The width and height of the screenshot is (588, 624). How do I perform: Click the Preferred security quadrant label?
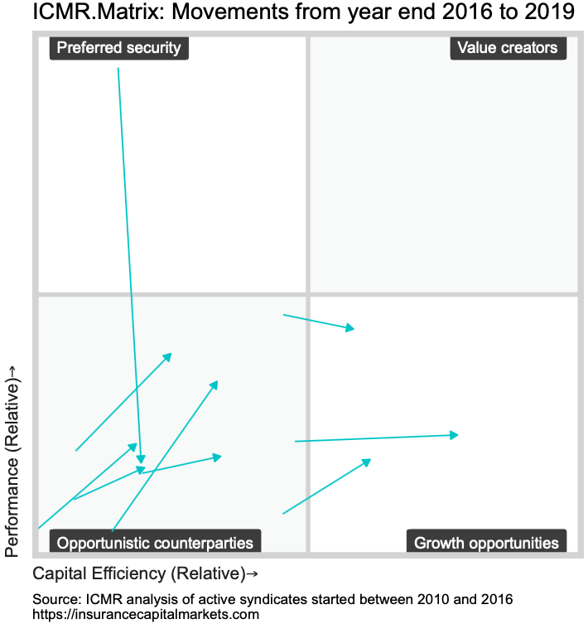tap(118, 47)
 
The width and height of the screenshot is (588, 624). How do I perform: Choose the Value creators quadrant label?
tap(508, 47)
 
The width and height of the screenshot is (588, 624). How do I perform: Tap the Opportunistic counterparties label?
tap(156, 543)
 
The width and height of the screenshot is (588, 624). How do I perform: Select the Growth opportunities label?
tap(486, 543)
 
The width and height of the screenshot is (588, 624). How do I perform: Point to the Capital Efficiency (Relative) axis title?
tap(138, 573)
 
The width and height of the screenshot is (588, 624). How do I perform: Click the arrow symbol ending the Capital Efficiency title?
tap(251, 573)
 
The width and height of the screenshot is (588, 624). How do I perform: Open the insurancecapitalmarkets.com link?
tap(146, 614)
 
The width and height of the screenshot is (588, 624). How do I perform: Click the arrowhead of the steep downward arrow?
tap(142, 462)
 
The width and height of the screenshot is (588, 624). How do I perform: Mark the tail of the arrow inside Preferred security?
tap(118, 69)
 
